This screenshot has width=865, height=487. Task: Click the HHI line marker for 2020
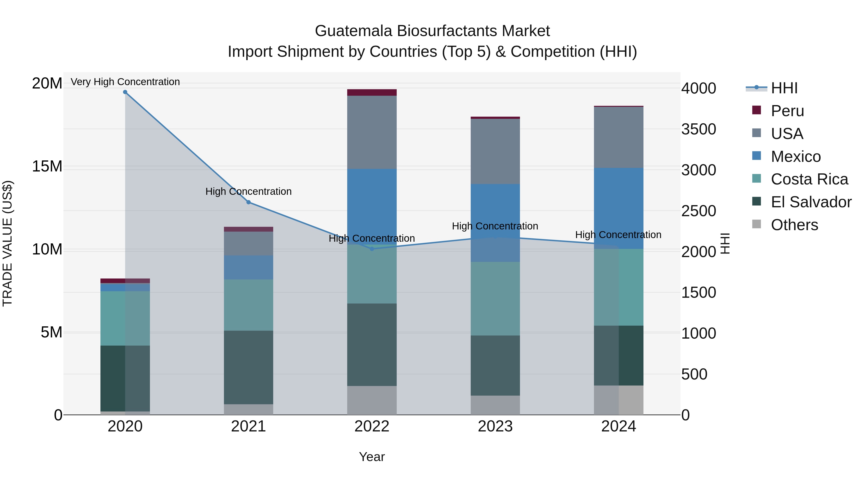[x=125, y=92]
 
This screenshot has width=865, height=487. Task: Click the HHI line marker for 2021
[x=248, y=202]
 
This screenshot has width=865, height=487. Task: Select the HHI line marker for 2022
[x=372, y=249]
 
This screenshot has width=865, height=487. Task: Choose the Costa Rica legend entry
[x=809, y=179]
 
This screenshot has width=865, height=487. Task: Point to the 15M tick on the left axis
[x=47, y=166]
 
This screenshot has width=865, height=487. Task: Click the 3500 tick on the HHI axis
[x=698, y=129]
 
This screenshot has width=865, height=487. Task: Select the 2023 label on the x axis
[x=495, y=426]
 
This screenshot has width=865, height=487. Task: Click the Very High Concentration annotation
[x=125, y=82]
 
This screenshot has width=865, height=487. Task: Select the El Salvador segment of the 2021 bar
[x=248, y=367]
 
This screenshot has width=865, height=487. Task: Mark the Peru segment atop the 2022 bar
[x=372, y=92]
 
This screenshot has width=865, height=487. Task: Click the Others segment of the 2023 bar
[x=495, y=405]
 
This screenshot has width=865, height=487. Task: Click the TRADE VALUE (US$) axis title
[x=7, y=243]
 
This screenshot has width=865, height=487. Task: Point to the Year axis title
[x=372, y=457]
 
